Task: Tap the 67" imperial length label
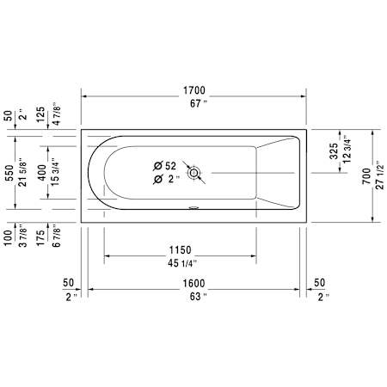tap(193, 104)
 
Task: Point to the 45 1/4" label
tap(181, 263)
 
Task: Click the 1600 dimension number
tap(193, 282)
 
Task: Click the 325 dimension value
tap(334, 151)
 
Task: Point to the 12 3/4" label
tap(346, 151)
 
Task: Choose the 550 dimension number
tap(9, 175)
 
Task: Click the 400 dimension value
tap(41, 175)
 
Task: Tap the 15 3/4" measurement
tap(55, 175)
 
